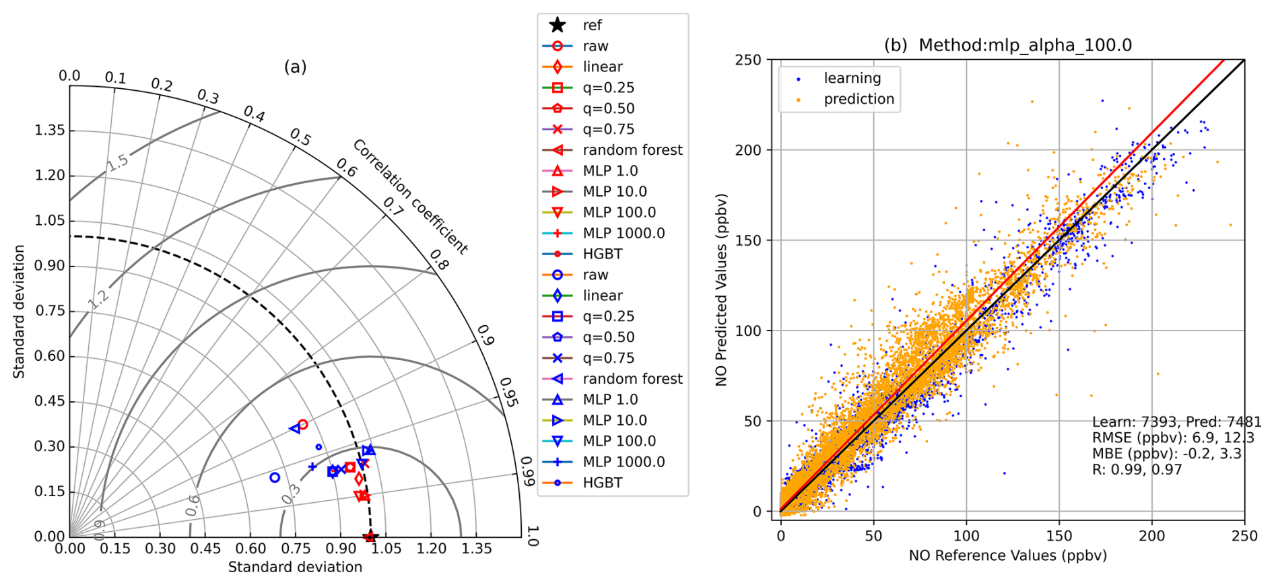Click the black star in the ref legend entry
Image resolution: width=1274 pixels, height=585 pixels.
[557, 26]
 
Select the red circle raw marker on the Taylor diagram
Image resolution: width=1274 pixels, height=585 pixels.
[302, 425]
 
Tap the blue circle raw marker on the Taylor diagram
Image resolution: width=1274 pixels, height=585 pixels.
[275, 477]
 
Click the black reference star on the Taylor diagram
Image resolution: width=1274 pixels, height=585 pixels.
[370, 537]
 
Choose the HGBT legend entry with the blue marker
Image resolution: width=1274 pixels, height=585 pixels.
[602, 483]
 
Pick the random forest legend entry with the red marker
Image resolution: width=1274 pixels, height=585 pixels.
[632, 150]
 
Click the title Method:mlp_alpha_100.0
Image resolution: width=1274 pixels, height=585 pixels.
[1025, 45]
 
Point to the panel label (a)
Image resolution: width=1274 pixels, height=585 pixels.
[295, 67]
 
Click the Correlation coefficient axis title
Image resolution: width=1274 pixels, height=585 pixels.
[410, 196]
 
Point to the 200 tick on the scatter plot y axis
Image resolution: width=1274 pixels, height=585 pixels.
[747, 150]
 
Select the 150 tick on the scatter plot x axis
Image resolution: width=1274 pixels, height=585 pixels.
[1059, 536]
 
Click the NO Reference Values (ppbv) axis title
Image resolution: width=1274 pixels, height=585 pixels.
[1007, 555]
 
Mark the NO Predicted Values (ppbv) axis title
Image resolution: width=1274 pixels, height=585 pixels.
[721, 289]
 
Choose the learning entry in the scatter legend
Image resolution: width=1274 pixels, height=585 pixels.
[852, 78]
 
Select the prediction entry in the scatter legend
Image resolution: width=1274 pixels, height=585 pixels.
[859, 99]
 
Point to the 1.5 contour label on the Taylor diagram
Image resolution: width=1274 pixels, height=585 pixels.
[117, 162]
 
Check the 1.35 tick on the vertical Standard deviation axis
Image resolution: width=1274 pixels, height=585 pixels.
[50, 130]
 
